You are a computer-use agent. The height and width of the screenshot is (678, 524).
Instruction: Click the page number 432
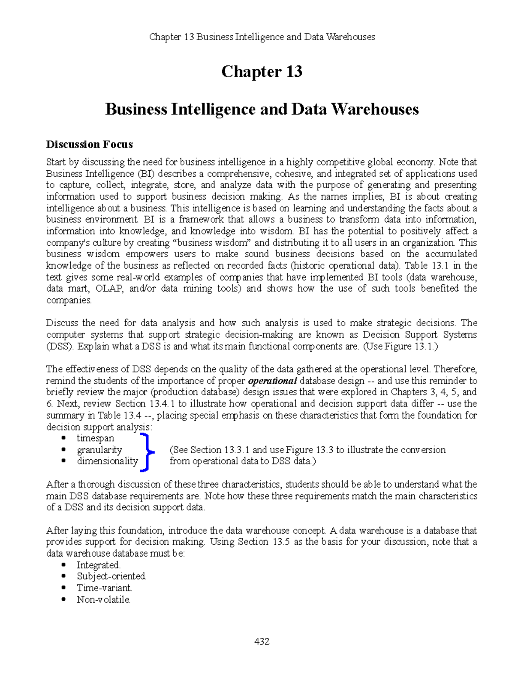[262, 641]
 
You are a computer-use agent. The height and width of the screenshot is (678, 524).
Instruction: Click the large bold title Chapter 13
[262, 72]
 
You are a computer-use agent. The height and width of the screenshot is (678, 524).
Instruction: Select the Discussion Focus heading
[90, 145]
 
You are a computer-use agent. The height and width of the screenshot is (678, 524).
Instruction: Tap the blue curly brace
[146, 452]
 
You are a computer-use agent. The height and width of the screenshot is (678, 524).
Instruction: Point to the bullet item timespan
[95, 438]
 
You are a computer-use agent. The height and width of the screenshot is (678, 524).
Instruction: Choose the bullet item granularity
[99, 450]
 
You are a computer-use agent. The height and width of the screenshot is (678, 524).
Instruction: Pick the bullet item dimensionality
[107, 461]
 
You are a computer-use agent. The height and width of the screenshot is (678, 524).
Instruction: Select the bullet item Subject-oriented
[112, 576]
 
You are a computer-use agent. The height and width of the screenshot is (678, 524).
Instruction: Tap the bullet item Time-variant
[104, 588]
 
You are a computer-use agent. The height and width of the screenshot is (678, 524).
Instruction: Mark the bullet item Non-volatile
[103, 599]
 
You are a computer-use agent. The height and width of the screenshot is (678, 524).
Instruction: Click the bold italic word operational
[272, 381]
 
